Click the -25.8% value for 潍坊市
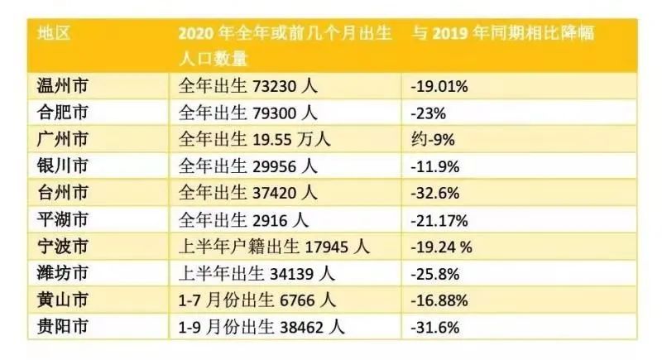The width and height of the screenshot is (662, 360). pyautogui.click(x=439, y=273)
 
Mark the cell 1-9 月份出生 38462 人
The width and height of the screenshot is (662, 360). pyautogui.click(x=260, y=327)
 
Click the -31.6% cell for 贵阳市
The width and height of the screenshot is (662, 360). pyautogui.click(x=439, y=327)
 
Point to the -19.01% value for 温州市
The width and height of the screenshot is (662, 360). pyautogui.click(x=444, y=85)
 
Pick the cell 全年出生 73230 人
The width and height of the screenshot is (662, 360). pyautogui.click(x=248, y=85)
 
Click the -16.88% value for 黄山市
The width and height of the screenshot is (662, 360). pyautogui.click(x=444, y=300)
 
